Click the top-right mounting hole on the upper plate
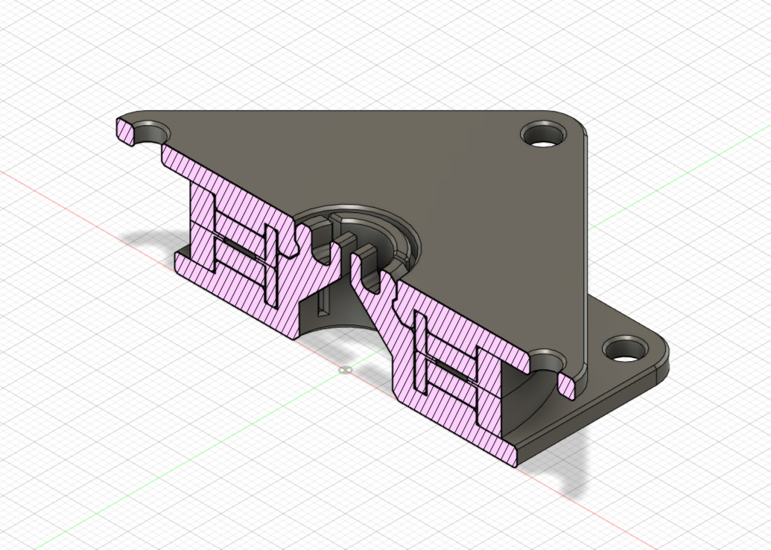[x=543, y=135]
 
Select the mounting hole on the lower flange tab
[x=624, y=348]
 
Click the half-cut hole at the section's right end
[x=549, y=364]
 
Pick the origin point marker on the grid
[x=344, y=370]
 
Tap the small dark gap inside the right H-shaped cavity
[x=450, y=375]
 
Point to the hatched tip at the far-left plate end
[x=124, y=129]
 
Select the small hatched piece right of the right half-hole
[x=566, y=386]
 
